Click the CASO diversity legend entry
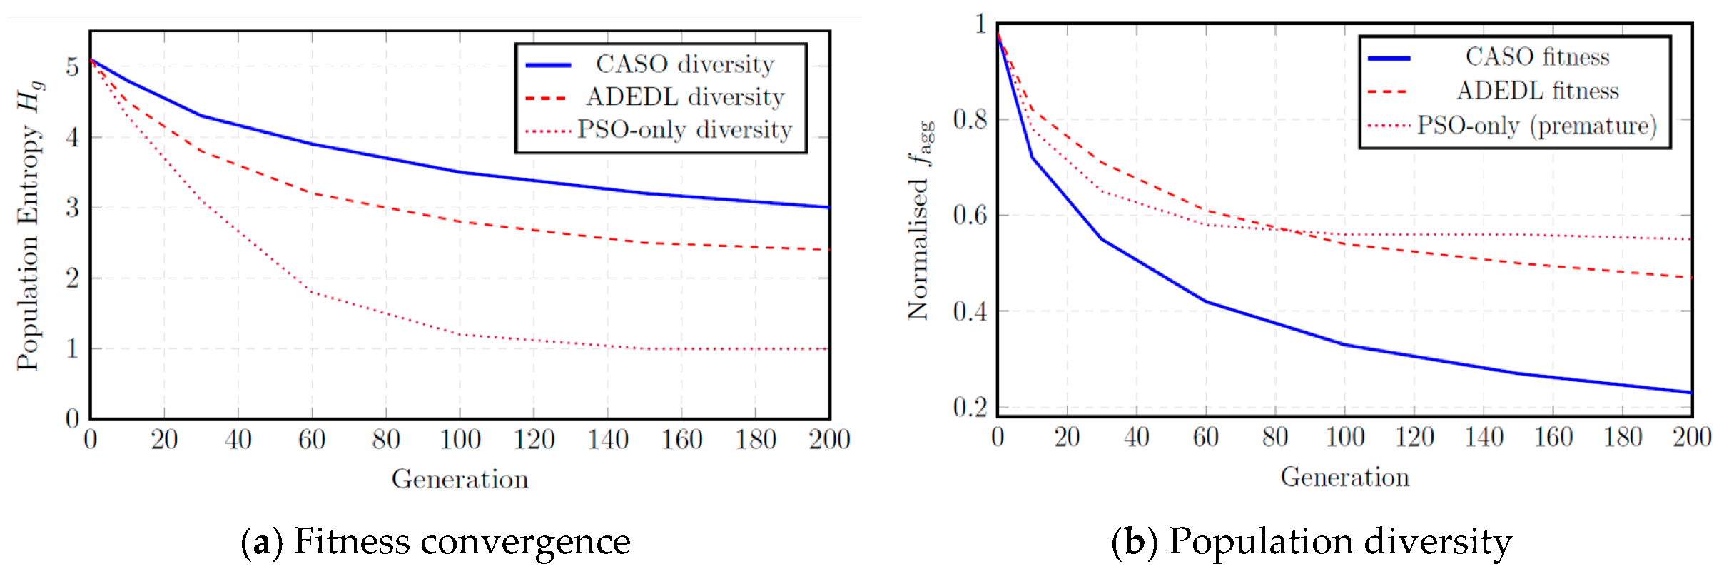pyautogui.click(x=650, y=64)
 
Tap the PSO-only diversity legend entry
pyautogui.click(x=659, y=129)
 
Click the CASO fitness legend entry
pyautogui.click(x=1489, y=56)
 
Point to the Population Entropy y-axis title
pyautogui.click(x=30, y=225)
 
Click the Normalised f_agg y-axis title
pyautogui.click(x=920, y=220)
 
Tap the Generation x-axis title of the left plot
pyautogui.click(x=460, y=479)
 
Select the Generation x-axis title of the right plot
pyautogui.click(x=1345, y=477)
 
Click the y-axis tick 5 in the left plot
pyautogui.click(x=72, y=66)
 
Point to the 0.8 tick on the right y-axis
pyautogui.click(x=970, y=119)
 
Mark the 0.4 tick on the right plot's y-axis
pyautogui.click(x=970, y=311)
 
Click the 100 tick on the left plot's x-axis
pyautogui.click(x=460, y=439)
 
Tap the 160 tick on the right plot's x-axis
pyautogui.click(x=1553, y=436)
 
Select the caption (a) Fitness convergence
pyautogui.click(x=435, y=541)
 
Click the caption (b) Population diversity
pyautogui.click(x=1312, y=541)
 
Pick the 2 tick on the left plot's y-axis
pyautogui.click(x=72, y=278)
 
